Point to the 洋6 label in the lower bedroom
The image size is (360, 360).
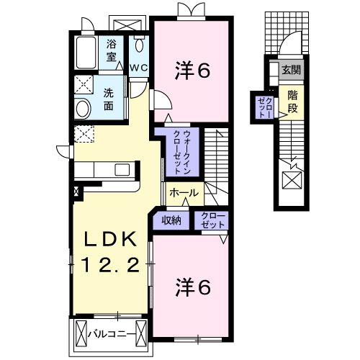[x=193, y=287]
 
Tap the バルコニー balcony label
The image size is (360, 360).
[x=107, y=334]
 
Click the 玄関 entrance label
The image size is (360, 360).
[x=291, y=70]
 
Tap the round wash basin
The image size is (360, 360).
[x=83, y=109]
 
